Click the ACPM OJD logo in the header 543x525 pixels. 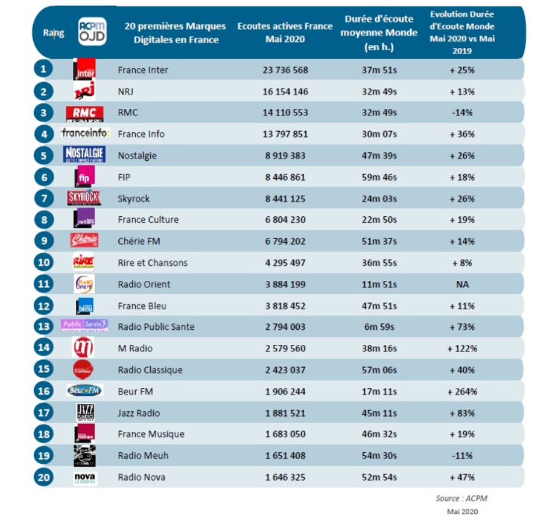pos(92,31)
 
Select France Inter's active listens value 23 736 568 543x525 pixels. pos(285,70)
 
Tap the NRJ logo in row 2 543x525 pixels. pos(84,91)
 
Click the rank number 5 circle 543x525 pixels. pos(43,156)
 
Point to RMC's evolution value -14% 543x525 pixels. pos(462,112)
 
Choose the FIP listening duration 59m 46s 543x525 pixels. pos(379,177)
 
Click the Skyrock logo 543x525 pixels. pos(84,198)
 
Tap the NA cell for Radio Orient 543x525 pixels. pos(462,284)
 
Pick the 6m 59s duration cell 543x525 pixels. pos(379,327)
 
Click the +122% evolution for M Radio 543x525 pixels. pos(462,348)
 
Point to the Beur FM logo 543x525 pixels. pos(84,391)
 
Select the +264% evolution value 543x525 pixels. pos(462,392)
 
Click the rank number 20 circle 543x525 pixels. pos(43,477)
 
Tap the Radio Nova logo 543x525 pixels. pos(84,478)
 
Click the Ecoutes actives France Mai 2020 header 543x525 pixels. pos(285,33)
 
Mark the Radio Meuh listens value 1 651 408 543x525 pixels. pos(285,456)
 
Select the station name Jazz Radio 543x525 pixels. pos(139,413)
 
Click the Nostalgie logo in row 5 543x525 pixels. pos(84,155)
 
